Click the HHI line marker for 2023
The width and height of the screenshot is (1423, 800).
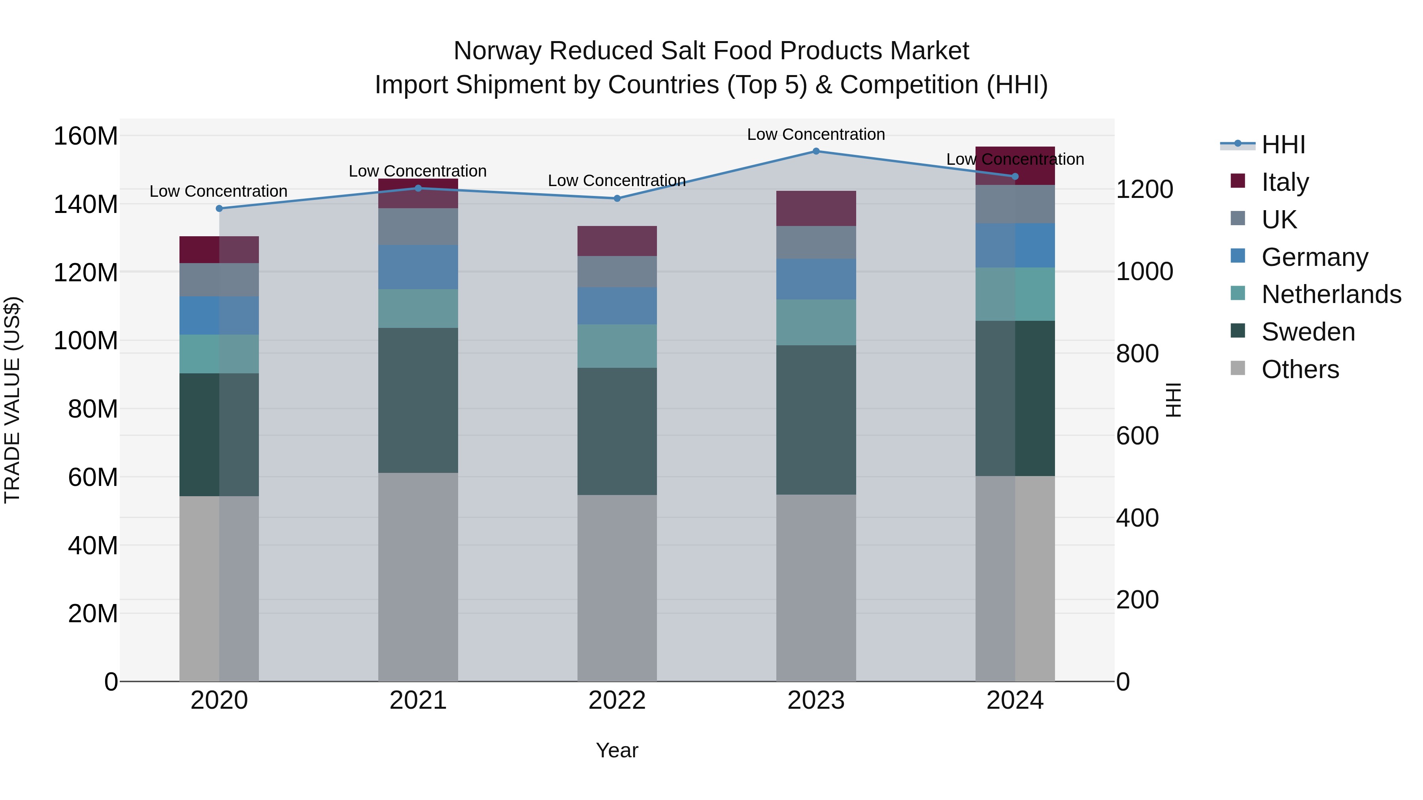tap(816, 151)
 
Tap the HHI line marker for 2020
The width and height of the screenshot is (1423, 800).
tap(219, 209)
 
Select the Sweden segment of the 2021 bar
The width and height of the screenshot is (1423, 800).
tap(418, 400)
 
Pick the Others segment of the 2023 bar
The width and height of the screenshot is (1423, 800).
tap(816, 587)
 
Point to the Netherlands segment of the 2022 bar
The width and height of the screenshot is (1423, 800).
tap(617, 346)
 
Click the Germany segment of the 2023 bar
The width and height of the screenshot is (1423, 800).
tap(816, 279)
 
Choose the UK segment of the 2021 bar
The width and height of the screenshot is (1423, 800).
tap(418, 227)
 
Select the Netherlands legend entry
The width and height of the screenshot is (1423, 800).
tap(1331, 294)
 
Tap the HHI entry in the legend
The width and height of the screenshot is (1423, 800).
tap(1283, 145)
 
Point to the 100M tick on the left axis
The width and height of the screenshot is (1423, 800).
tap(86, 341)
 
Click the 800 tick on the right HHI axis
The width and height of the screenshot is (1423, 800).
tap(1137, 354)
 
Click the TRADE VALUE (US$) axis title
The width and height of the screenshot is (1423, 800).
tap(12, 400)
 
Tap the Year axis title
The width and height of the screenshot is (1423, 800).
tap(617, 750)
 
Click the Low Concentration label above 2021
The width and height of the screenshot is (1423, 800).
tap(418, 171)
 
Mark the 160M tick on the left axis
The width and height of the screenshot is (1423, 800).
tap(86, 136)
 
